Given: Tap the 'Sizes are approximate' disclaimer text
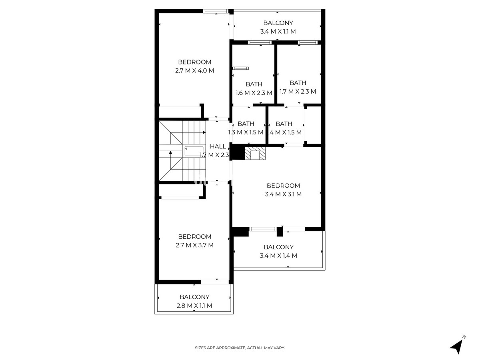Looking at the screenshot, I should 240,348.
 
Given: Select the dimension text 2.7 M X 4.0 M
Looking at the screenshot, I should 194,71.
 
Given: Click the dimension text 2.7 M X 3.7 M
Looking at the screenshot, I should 194,245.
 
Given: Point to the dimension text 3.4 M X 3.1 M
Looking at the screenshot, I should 283,194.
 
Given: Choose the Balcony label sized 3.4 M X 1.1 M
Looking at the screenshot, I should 278,23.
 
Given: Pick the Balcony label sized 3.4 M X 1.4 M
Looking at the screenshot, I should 278,247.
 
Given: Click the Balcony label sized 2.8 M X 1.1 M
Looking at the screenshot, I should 194,297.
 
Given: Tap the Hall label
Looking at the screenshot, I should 218,146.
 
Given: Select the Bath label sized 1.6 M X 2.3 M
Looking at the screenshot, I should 254,84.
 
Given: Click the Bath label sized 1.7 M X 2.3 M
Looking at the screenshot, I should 298,83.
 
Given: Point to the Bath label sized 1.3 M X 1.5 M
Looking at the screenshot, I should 246,124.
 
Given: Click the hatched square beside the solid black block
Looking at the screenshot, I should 255,154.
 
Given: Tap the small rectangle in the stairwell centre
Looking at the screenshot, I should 194,151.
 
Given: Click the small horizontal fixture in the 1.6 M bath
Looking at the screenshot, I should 241,68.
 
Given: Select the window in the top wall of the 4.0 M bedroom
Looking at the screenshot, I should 216,11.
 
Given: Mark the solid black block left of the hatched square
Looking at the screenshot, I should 238,153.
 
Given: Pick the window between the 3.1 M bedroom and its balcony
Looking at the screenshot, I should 263,229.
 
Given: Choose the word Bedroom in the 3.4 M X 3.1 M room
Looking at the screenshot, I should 283,186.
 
